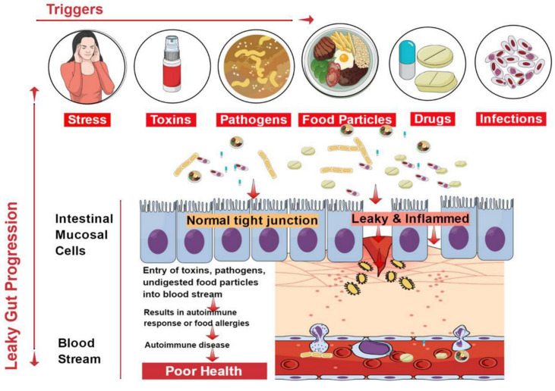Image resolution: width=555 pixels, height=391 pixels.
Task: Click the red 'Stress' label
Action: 87,119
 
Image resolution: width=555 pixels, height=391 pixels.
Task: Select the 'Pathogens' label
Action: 254,120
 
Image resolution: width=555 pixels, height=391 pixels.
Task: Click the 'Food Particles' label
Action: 345,120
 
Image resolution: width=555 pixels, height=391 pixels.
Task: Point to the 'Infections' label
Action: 511,119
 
